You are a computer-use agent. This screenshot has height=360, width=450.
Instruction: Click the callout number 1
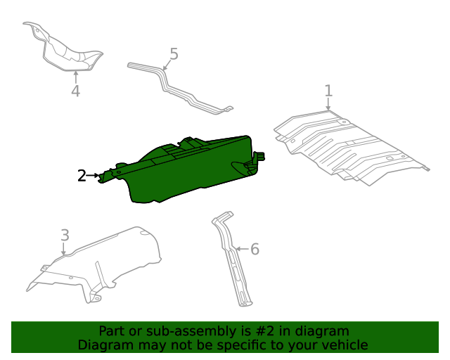pyautogui.click(x=328, y=90)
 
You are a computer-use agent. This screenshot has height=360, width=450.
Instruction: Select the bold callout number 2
pyautogui.click(x=82, y=176)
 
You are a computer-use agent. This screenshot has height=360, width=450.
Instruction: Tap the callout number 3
pyautogui.click(x=64, y=235)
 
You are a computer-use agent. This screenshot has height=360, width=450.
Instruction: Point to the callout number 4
pyautogui.click(x=75, y=91)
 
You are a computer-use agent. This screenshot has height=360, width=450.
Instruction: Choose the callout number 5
pyautogui.click(x=174, y=54)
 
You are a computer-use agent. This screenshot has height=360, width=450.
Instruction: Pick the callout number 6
pyautogui.click(x=255, y=249)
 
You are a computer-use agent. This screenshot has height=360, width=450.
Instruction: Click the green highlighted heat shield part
pyautogui.click(x=190, y=172)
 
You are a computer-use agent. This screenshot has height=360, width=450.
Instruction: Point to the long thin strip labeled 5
pyautogui.click(x=179, y=88)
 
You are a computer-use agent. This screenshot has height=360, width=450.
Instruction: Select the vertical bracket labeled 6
pyautogui.click(x=234, y=264)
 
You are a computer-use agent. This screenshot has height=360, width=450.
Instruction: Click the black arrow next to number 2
pyautogui.click(x=94, y=176)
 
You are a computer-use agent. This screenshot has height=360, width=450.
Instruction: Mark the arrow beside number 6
pyautogui.click(x=241, y=249)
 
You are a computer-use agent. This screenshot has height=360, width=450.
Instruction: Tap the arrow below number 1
pyautogui.click(x=328, y=105)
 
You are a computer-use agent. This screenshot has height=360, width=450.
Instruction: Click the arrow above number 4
pyautogui.click(x=75, y=76)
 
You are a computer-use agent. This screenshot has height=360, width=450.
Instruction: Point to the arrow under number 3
pyautogui.click(x=64, y=249)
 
